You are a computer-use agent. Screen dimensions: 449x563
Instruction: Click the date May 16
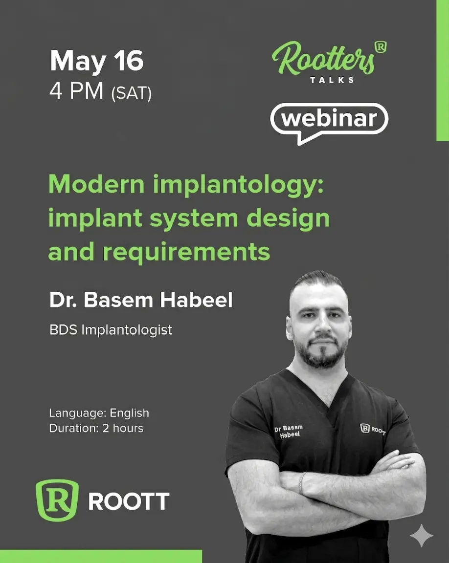click(97, 61)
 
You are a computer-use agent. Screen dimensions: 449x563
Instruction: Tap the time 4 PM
click(76, 91)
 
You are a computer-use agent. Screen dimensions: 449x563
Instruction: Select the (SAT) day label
click(132, 93)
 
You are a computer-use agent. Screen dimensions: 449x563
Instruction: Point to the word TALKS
click(332, 80)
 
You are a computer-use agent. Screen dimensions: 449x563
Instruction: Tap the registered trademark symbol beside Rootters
click(381, 47)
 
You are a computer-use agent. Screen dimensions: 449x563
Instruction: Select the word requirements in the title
click(186, 253)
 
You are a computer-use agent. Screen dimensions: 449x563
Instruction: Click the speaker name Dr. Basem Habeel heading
click(141, 300)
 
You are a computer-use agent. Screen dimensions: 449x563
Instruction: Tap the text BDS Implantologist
click(111, 330)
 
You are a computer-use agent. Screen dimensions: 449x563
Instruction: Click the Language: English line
click(99, 413)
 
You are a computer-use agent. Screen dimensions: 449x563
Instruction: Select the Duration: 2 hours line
click(96, 428)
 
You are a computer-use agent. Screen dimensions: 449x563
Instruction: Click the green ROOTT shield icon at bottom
click(57, 500)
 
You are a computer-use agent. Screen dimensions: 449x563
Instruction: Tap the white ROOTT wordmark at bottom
click(129, 501)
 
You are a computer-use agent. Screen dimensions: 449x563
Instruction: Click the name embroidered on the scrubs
click(289, 431)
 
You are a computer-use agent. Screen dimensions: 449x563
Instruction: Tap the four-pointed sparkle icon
click(422, 535)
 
